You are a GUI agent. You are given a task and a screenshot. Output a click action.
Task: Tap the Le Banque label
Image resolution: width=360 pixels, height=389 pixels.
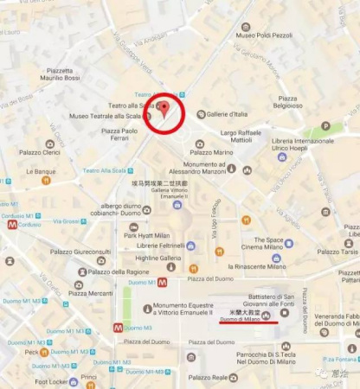[x=41, y=171]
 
